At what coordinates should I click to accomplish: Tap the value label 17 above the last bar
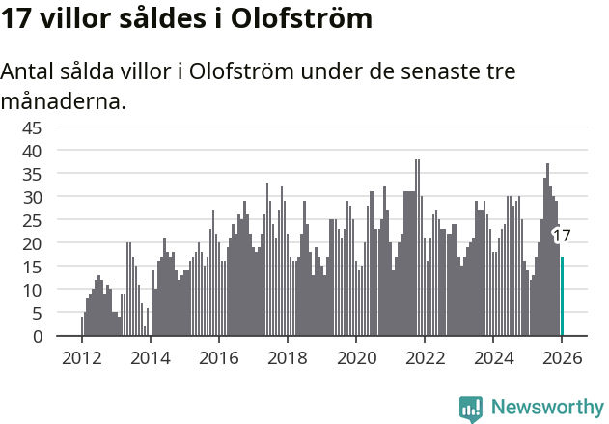(x=562, y=236)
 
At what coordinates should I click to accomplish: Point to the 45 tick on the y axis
(x=32, y=127)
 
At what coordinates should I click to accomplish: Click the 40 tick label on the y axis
(x=32, y=151)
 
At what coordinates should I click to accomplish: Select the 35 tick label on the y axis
(x=32, y=174)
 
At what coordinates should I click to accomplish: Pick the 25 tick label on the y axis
(x=32, y=220)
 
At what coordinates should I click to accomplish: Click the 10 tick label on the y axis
(x=32, y=290)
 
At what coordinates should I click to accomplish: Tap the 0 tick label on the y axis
(x=38, y=336)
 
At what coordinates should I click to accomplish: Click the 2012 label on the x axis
(x=81, y=357)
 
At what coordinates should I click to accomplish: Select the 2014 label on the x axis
(x=150, y=357)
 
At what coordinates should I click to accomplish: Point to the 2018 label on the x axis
(x=287, y=357)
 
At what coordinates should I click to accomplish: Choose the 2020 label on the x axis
(x=355, y=357)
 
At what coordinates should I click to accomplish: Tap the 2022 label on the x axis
(x=424, y=357)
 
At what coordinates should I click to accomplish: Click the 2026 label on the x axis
(x=561, y=357)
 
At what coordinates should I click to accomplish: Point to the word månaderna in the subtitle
(x=64, y=99)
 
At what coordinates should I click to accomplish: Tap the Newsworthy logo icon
(x=471, y=409)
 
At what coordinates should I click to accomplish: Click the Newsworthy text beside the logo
(x=546, y=409)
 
